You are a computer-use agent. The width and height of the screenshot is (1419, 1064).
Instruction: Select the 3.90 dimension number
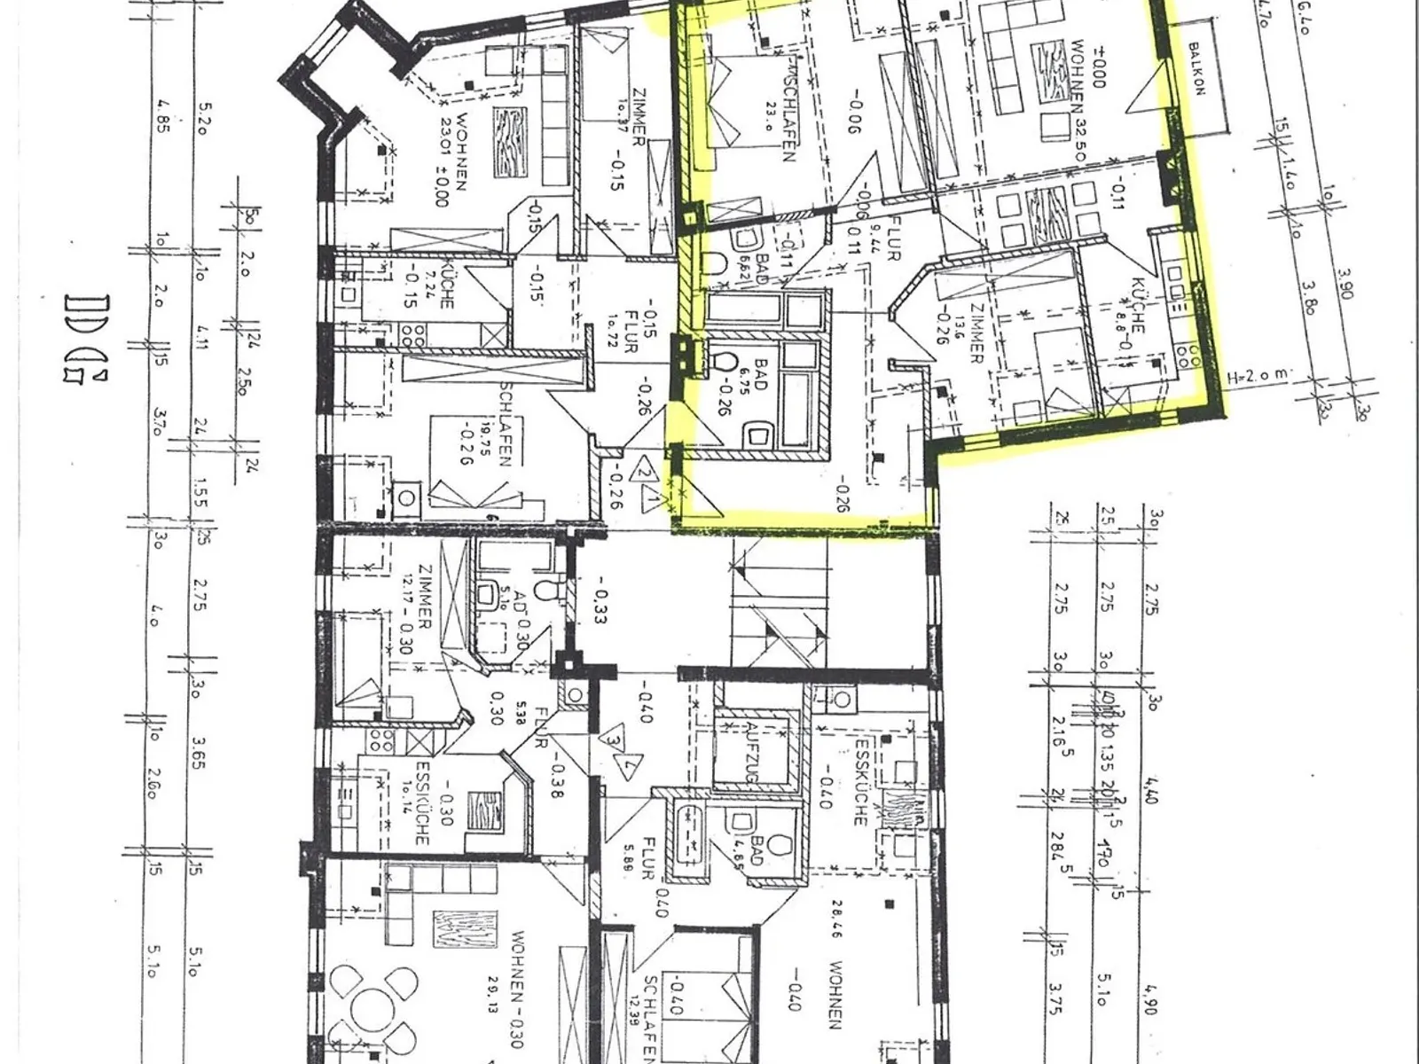(x=1345, y=284)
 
